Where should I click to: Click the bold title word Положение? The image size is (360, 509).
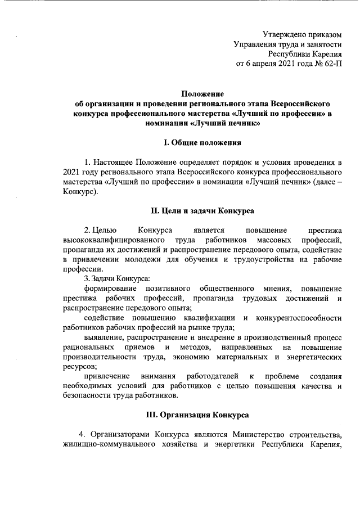click(x=202, y=94)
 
